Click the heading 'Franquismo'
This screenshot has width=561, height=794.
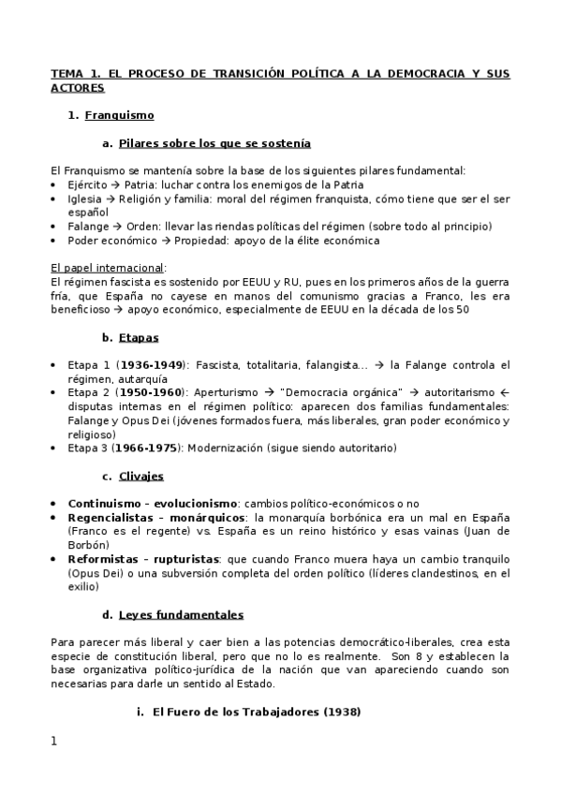coord(119,116)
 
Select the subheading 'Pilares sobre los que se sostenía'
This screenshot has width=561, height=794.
coord(214,143)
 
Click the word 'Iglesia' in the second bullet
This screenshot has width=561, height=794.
coord(85,198)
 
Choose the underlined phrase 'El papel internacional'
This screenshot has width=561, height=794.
coord(107,267)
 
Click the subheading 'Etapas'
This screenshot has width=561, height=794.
coord(139,337)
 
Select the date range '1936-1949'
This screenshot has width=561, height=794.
coord(150,365)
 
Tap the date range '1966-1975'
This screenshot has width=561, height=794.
coord(150,448)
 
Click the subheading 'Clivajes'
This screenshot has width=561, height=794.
coord(141,476)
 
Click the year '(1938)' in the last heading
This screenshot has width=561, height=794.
coord(342,712)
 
